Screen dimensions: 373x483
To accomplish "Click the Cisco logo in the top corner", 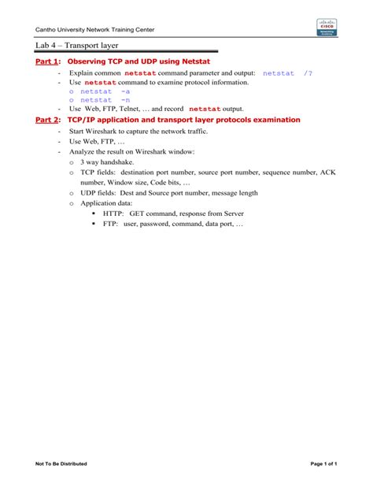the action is (326, 27).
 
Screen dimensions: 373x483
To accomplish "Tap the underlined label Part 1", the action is (47, 61).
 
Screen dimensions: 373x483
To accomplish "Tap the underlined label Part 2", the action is (47, 120).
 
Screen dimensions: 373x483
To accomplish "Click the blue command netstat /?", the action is (287, 72).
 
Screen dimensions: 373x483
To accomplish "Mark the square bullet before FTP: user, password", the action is (94, 224).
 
